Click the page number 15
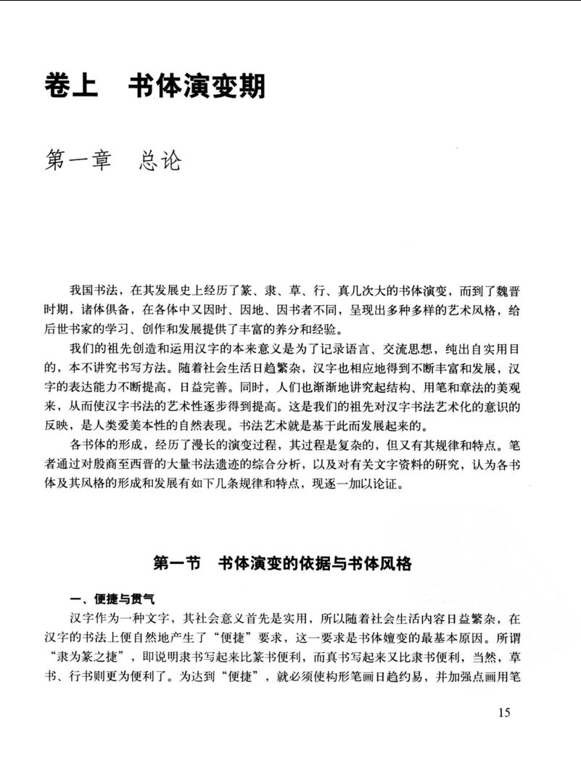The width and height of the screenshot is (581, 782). [506, 712]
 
